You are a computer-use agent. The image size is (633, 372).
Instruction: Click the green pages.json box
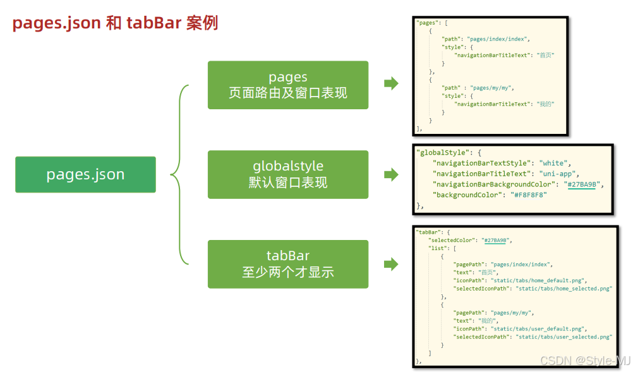click(85, 174)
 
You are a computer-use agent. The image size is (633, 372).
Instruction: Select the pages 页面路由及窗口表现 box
click(287, 85)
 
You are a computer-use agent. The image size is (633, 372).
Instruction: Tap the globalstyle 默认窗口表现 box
click(287, 174)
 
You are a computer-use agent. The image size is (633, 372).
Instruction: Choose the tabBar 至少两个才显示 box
click(287, 264)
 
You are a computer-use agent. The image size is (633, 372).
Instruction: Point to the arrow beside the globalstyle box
click(391, 174)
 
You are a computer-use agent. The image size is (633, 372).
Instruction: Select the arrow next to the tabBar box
click(391, 264)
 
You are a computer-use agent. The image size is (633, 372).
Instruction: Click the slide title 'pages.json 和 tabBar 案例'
click(115, 23)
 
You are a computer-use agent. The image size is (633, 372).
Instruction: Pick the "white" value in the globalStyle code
click(555, 163)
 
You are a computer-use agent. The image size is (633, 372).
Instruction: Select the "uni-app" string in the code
click(559, 174)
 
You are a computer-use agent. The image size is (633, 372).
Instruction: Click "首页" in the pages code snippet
click(545, 56)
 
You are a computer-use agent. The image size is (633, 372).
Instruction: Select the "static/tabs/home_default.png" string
click(539, 280)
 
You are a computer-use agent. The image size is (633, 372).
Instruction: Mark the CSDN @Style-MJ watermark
click(584, 361)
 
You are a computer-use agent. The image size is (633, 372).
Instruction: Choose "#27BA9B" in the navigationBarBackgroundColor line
click(582, 184)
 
